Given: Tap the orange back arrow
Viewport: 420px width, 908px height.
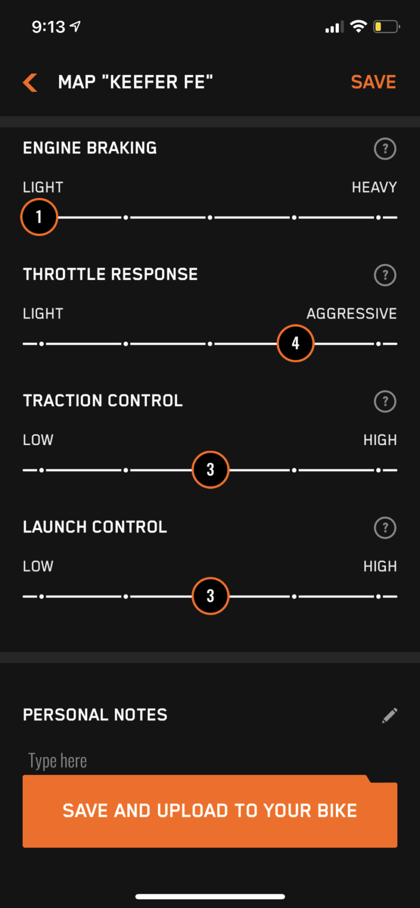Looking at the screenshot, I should (30, 82).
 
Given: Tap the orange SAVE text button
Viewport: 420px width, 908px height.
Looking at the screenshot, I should (373, 82).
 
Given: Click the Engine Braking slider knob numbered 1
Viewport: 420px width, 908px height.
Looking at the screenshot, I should (39, 217).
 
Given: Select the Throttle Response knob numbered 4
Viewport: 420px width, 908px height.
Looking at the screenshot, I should (295, 343).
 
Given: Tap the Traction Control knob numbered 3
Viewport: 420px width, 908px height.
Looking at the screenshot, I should (210, 470).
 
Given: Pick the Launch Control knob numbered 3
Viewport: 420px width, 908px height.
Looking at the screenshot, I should (210, 596).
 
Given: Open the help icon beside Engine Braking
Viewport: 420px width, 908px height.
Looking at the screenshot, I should (385, 148).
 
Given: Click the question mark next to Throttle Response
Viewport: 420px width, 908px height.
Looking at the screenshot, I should (385, 275).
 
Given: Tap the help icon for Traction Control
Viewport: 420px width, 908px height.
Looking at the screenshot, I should (385, 401).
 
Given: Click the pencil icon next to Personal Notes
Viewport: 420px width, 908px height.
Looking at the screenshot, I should (389, 715).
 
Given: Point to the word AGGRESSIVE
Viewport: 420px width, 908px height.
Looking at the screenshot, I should (352, 314).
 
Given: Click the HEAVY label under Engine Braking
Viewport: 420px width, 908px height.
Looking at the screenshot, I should (374, 187).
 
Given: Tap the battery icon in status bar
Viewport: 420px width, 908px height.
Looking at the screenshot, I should (386, 27).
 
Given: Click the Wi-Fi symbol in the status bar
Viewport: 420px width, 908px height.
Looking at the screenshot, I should (358, 27).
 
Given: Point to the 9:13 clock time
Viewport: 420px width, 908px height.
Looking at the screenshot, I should (49, 27).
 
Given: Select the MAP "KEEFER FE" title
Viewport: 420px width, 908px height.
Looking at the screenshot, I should (135, 82).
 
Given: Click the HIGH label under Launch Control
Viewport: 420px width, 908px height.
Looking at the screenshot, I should (380, 566).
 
